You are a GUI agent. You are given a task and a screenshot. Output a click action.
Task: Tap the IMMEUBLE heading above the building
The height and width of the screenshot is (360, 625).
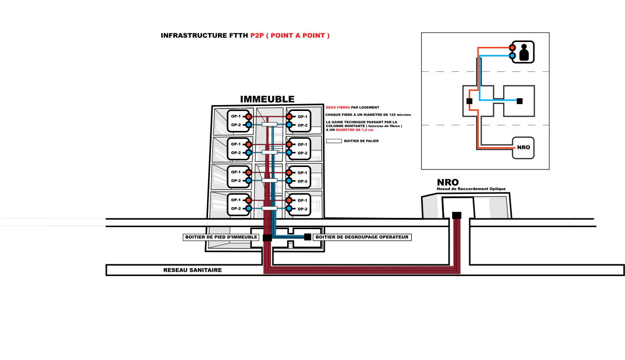coord(267,100)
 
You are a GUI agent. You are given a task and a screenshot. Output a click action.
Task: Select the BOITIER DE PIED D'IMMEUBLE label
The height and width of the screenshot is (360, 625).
coord(221,237)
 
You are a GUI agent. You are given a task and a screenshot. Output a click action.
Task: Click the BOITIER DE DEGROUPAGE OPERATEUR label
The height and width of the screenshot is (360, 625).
coord(361,237)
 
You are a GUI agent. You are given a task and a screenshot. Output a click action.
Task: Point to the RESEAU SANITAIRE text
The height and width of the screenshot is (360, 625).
coord(192,270)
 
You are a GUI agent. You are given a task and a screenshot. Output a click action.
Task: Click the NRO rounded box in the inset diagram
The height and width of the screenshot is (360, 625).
coord(523,147)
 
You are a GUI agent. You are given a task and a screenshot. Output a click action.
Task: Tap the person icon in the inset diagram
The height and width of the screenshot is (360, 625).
coord(524,52)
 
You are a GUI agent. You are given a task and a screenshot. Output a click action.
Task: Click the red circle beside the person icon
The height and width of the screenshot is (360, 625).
coord(512,48)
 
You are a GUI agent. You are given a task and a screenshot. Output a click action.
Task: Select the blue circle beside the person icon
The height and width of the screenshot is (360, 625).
coord(512,56)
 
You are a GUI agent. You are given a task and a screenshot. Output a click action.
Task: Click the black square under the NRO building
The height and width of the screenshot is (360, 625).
coord(457,215)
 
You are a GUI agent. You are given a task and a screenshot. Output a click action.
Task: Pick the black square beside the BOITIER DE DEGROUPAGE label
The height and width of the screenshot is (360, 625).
coord(308,237)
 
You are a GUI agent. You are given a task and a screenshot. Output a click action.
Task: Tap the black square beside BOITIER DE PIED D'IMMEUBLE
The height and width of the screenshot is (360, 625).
coord(267,237)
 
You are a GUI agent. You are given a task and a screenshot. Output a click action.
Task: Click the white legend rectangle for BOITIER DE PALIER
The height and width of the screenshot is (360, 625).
coord(334,141)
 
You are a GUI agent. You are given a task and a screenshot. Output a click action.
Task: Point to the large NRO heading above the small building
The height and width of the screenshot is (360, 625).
coord(448,183)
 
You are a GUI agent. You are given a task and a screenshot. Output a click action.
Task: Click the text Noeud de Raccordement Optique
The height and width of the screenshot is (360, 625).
coord(471,189)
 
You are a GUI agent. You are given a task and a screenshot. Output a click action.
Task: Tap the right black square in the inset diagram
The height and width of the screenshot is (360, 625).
coord(520,101)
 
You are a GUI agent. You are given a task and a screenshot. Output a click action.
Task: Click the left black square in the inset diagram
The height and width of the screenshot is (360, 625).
coord(469,101)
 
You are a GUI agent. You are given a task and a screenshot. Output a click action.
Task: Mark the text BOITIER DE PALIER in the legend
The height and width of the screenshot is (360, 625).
coord(361,141)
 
